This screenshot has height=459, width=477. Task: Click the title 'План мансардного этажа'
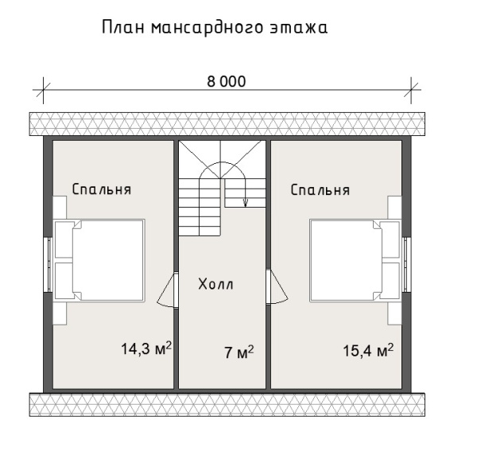point(215,29)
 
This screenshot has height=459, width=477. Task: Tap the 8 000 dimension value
point(227,82)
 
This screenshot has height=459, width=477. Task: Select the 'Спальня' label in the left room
point(101,190)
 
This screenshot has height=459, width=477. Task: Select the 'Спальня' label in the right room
point(320,190)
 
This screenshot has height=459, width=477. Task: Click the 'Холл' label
point(216,284)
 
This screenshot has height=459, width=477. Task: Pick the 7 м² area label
point(238,351)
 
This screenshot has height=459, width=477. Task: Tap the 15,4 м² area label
point(368,349)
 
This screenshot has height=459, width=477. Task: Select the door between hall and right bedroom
point(277,288)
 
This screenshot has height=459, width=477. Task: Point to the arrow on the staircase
point(246,200)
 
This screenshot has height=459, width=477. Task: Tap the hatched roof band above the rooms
point(227,124)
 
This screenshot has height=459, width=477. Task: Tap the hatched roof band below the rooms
point(227,404)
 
